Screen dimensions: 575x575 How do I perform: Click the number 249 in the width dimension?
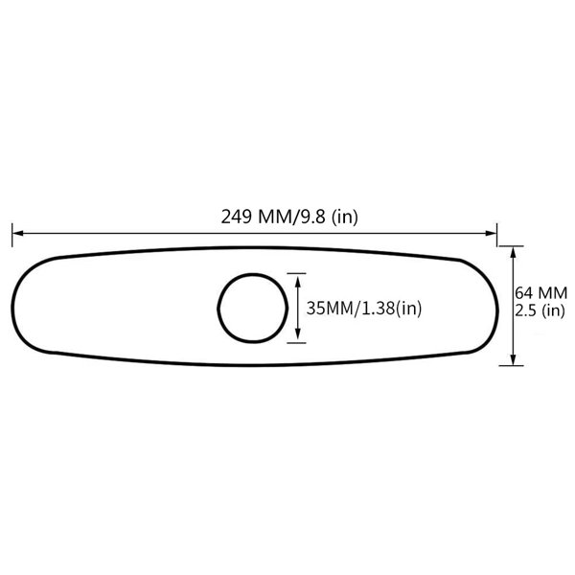(236, 218)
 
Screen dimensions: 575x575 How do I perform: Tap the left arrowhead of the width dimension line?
(16, 231)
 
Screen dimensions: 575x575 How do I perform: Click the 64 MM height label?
(541, 292)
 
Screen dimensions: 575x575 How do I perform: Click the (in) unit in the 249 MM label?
(345, 218)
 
